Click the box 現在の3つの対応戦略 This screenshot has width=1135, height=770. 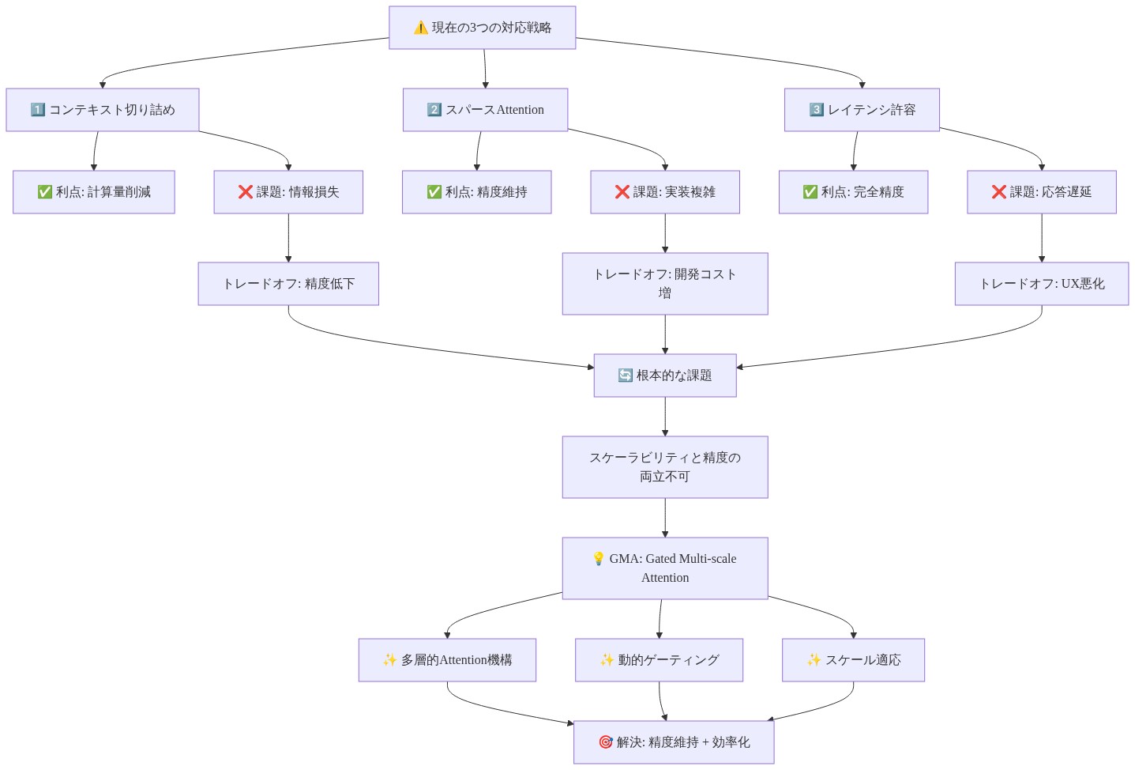point(483,28)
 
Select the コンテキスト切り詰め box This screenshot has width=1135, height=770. point(103,110)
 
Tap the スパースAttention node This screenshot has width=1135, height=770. point(486,110)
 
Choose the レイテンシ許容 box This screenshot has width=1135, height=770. point(862,110)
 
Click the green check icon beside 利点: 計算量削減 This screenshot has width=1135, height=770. point(44,192)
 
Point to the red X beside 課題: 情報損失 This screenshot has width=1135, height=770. point(245,192)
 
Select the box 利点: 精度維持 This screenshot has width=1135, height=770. point(477,192)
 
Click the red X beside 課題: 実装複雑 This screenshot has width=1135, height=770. point(622,192)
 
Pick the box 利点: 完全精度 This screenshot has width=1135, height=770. point(853,192)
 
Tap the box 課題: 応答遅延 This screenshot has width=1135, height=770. point(1042,192)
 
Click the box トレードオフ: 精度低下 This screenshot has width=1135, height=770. point(288,284)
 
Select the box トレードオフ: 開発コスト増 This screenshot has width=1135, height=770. point(665,284)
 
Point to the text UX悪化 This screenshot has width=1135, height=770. point(1083,284)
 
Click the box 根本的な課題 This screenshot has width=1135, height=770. point(665,376)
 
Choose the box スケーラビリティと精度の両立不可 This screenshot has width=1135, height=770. point(665,467)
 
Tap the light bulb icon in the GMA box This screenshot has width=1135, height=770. point(599,558)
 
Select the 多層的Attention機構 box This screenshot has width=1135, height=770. point(447,660)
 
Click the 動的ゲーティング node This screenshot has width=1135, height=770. point(660,660)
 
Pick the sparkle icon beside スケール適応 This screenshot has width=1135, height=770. point(814,660)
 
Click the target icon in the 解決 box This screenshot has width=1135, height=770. point(606,742)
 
